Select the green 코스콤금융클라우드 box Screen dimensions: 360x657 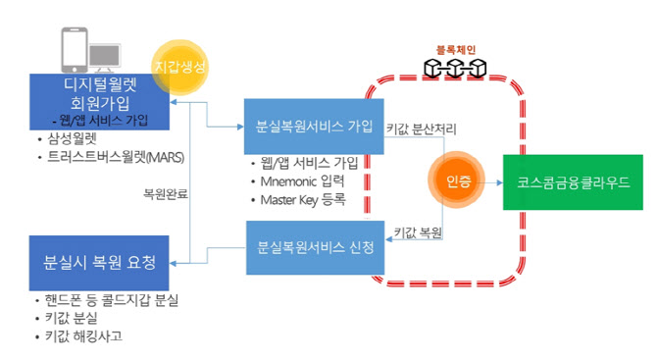[x=566, y=182]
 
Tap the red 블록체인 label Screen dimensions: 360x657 [x=455, y=48]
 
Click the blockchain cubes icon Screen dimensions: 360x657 [x=455, y=68]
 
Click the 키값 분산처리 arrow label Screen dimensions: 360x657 [x=422, y=129]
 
